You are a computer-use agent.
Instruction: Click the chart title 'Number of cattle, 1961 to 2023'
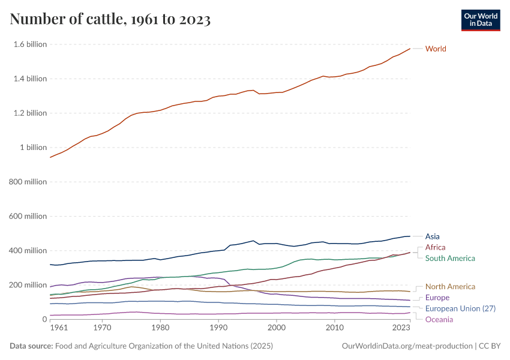pos(110,20)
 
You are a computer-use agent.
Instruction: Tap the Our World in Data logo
pos(481,20)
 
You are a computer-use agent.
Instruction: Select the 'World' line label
pos(436,49)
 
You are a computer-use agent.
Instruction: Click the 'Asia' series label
pos(432,236)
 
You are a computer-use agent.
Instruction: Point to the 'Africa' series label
pos(435,247)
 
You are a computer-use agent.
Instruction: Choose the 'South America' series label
pos(450,259)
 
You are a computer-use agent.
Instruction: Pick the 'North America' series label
pos(450,287)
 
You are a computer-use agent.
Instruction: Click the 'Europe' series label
pos(437,298)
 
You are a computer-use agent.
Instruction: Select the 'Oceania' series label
pos(439,320)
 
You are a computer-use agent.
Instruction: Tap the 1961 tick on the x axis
pos(59,329)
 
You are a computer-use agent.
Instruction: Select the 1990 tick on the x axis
pos(218,329)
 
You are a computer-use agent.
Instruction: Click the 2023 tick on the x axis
pos(401,329)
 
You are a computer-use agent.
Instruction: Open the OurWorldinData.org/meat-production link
pos(406,346)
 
